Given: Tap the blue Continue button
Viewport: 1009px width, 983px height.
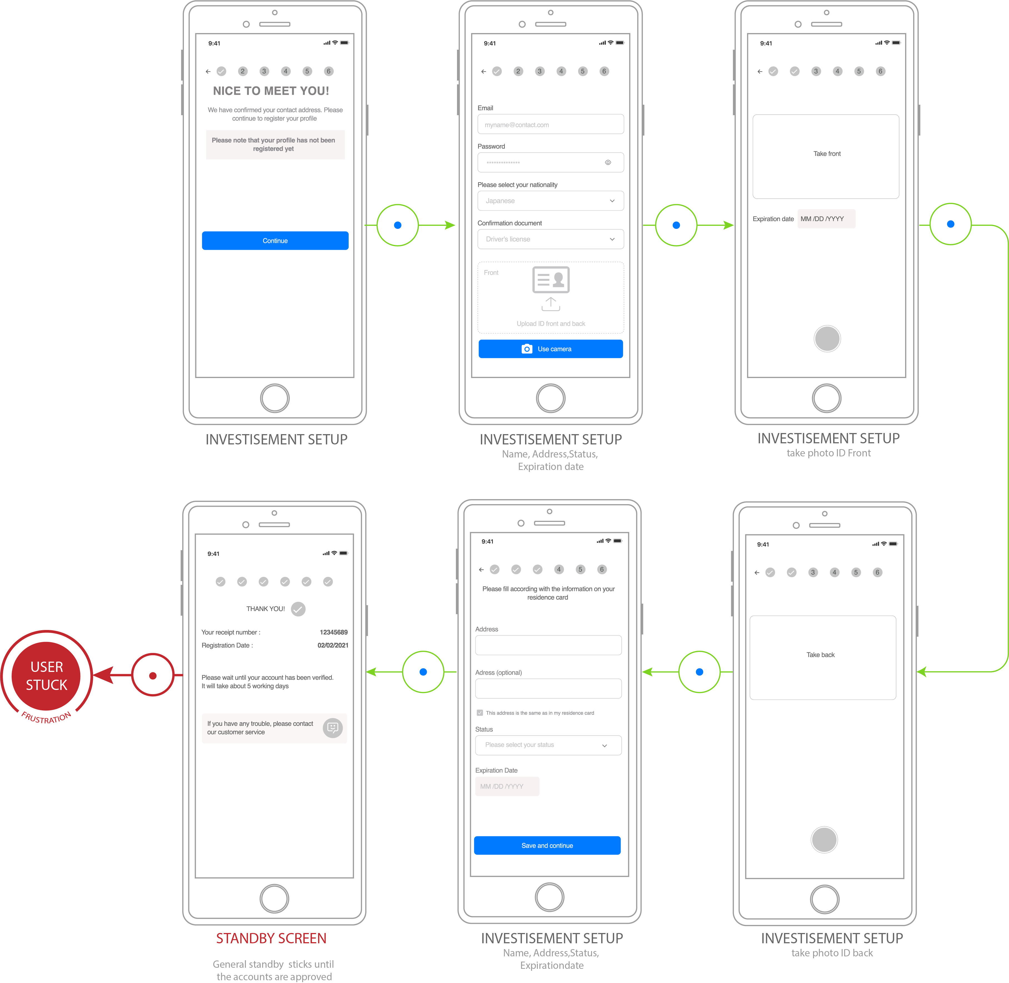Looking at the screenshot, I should coord(275,241).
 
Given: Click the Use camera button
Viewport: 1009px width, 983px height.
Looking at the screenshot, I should coord(550,349).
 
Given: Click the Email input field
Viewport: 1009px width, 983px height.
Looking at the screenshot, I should coord(550,124).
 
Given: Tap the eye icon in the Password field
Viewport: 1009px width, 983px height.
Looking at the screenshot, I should coord(608,162).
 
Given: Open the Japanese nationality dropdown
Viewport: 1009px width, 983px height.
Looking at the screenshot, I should coord(550,201).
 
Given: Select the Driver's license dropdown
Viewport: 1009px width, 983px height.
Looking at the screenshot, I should coord(550,239).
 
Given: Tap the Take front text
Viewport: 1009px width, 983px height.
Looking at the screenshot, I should coord(827,154).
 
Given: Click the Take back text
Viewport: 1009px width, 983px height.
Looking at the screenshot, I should coord(821,655).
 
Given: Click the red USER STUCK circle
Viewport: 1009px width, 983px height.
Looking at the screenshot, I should coord(46,676).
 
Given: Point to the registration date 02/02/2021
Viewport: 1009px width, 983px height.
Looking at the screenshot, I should coord(333,645).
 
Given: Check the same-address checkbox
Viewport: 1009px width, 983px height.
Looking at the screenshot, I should coord(480,713).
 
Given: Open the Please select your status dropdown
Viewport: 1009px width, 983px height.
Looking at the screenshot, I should coord(548,745).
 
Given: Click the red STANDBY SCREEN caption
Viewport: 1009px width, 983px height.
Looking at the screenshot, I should coord(271,938).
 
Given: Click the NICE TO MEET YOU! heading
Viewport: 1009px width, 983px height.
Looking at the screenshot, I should coord(271,91).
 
